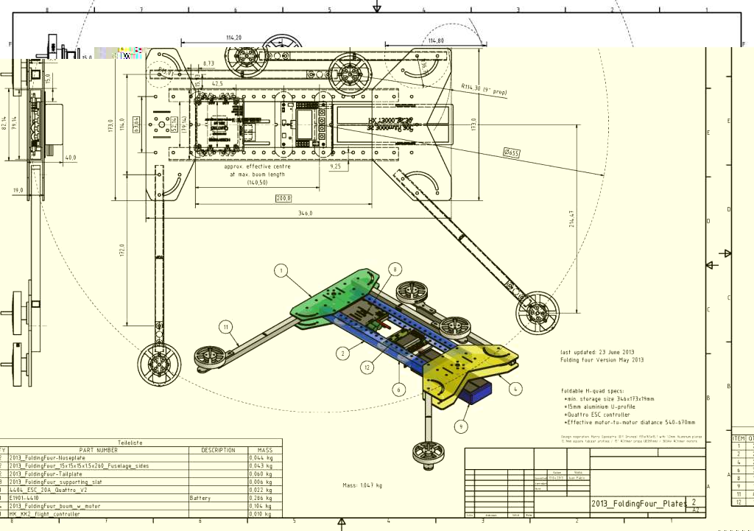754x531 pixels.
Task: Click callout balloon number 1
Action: tap(281, 270)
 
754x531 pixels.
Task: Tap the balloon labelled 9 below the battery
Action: tap(462, 426)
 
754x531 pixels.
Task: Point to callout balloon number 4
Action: tap(515, 387)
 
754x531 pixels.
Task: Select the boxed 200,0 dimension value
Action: tap(283, 198)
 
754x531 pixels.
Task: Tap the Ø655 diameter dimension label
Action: tap(511, 152)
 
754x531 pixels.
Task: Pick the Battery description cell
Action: tap(202, 498)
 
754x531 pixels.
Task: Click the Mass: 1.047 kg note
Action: tap(362, 485)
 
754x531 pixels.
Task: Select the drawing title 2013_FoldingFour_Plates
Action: tap(637, 503)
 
